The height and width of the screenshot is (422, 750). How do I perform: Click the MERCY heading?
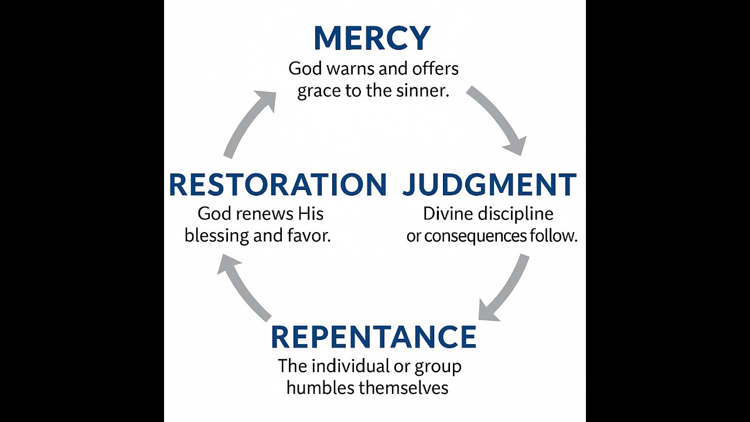tap(372, 39)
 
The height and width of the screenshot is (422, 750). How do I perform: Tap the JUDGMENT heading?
tap(489, 185)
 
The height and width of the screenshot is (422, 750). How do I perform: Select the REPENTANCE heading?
tap(373, 337)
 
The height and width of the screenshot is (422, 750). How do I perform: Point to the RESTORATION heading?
tap(278, 185)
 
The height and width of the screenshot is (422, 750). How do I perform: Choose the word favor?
tap(309, 236)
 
